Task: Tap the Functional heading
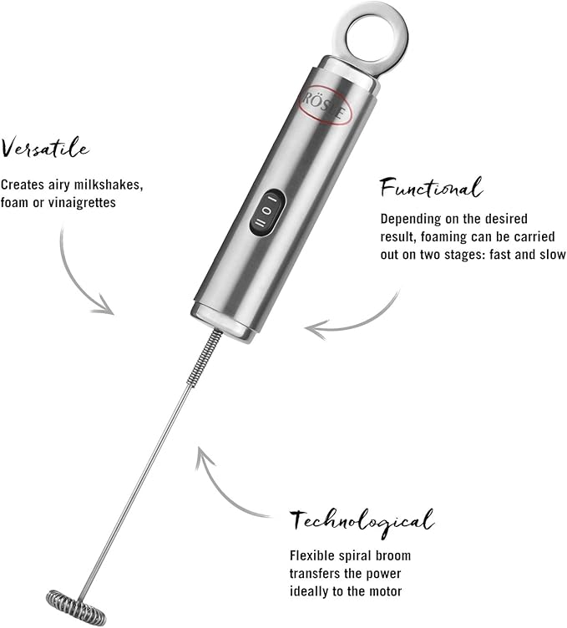(x=431, y=188)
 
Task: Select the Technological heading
(x=362, y=521)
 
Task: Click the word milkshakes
(x=106, y=184)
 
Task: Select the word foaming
(x=450, y=237)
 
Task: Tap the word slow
(x=550, y=255)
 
